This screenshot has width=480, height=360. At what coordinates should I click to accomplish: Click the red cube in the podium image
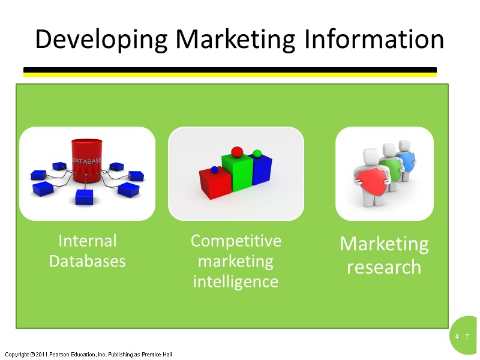(215, 183)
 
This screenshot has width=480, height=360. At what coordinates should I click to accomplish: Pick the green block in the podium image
(236, 173)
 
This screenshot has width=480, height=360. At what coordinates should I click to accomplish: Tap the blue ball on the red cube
(214, 169)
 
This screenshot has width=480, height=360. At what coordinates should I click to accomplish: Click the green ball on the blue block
(257, 154)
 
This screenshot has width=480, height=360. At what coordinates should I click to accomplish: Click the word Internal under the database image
(88, 241)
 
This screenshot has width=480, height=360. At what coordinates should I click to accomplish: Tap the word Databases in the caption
(88, 261)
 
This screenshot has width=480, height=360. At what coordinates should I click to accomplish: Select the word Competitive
(236, 241)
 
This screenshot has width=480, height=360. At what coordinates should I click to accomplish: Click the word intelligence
(236, 281)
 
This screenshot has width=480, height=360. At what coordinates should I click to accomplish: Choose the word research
(384, 267)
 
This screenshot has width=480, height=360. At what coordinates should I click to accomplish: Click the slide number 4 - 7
(461, 337)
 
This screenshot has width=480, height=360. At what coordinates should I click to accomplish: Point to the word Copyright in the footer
(16, 355)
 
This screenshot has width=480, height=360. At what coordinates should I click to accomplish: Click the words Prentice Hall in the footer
(157, 355)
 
